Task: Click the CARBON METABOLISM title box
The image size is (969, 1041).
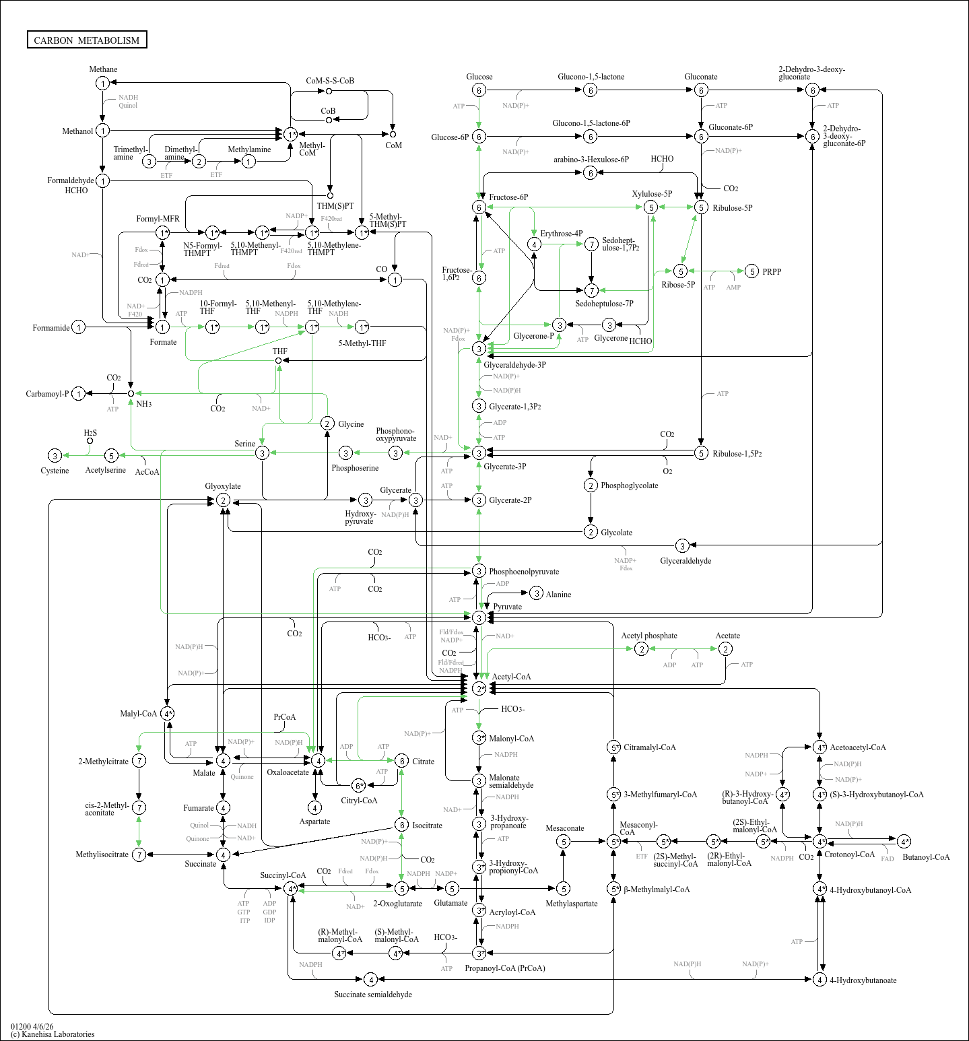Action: pyautogui.click(x=87, y=40)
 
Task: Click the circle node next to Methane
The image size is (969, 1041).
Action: pyautogui.click(x=102, y=83)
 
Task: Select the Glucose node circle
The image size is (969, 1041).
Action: pyautogui.click(x=479, y=90)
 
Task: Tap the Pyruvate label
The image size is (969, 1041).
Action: pyautogui.click(x=507, y=607)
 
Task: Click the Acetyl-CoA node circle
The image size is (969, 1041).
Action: pyautogui.click(x=479, y=688)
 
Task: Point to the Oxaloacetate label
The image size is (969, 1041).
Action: pyautogui.click(x=288, y=772)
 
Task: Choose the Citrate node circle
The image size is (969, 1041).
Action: pyautogui.click(x=401, y=761)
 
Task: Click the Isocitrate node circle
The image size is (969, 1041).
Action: pyautogui.click(x=401, y=825)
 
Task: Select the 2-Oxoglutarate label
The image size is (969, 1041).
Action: pyautogui.click(x=397, y=904)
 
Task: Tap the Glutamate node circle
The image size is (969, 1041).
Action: pyautogui.click(x=452, y=889)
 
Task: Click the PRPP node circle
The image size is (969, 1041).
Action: pyautogui.click(x=752, y=271)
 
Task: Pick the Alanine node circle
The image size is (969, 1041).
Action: pyautogui.click(x=536, y=593)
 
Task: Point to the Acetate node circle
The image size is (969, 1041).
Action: pyautogui.click(x=725, y=648)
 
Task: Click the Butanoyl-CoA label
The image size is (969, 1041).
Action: pyautogui.click(x=926, y=857)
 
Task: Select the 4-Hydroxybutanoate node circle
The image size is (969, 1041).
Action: pyautogui.click(x=820, y=980)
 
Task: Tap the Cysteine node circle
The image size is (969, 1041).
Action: pyautogui.click(x=55, y=456)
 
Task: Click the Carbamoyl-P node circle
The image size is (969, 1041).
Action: pyautogui.click(x=79, y=394)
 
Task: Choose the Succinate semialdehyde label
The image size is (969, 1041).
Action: pyautogui.click(x=373, y=995)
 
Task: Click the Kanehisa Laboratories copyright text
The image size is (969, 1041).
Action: pyautogui.click(x=53, y=1034)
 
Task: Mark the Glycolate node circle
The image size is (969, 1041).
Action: pyautogui.click(x=591, y=532)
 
